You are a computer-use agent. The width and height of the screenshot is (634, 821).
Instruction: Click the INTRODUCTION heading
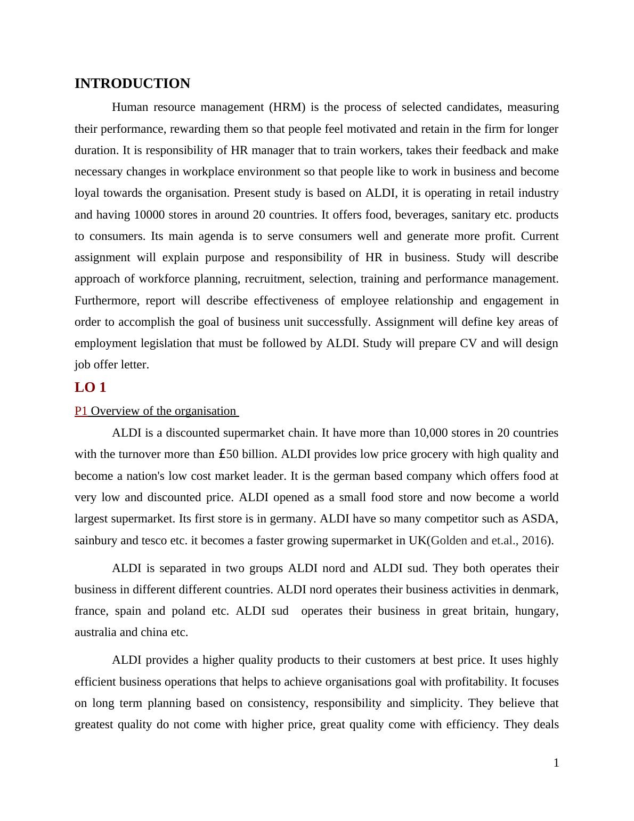click(x=132, y=84)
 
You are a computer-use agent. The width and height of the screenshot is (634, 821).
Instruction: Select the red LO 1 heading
click(x=91, y=388)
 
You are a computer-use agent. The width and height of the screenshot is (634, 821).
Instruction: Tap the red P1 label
click(x=81, y=411)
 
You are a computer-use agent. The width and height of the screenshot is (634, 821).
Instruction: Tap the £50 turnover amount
click(x=229, y=454)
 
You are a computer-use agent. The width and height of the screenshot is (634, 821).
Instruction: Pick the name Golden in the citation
click(x=449, y=541)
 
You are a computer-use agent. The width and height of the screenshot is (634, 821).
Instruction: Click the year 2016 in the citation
click(x=534, y=541)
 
